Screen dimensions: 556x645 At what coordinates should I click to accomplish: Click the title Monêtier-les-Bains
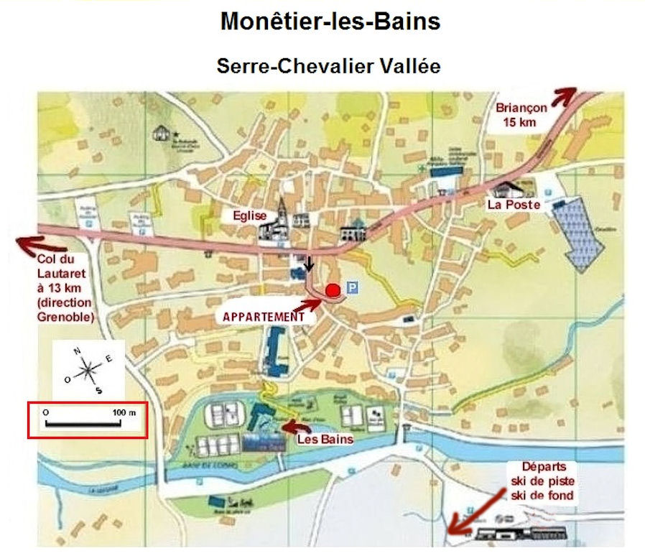tap(330, 22)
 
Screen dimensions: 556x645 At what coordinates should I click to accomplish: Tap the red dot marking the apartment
tap(333, 290)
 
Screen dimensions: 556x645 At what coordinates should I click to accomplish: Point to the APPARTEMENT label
tap(264, 315)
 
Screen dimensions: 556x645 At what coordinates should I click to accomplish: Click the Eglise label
tap(249, 215)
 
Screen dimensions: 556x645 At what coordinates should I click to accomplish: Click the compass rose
tap(88, 371)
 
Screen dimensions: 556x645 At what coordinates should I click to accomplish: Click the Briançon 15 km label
tap(521, 114)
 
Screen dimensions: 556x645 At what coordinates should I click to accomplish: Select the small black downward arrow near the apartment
tap(310, 264)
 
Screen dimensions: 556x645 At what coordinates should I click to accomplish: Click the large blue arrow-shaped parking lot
tap(583, 232)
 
